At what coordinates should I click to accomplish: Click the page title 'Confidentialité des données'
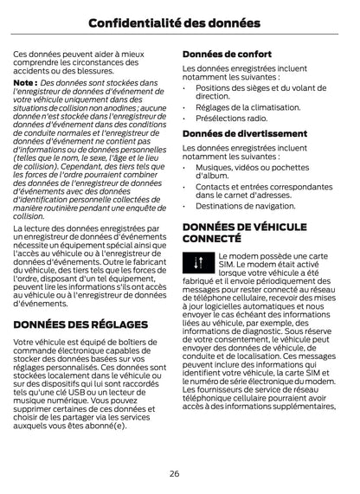point(179,20)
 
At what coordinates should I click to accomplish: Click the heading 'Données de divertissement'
point(241,133)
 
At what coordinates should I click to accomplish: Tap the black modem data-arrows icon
point(196,262)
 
